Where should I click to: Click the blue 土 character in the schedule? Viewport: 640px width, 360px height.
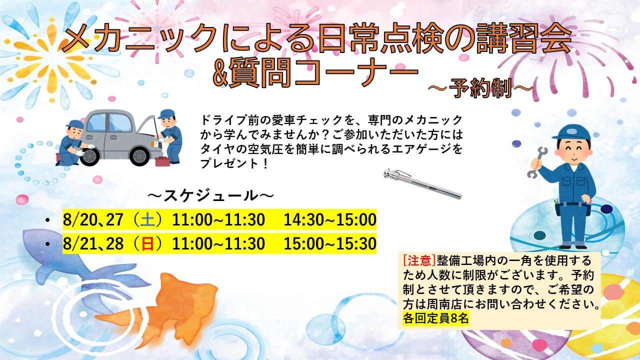(x=148, y=220)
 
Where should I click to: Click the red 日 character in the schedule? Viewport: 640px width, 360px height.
(x=148, y=244)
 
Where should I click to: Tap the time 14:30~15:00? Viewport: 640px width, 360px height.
(x=329, y=220)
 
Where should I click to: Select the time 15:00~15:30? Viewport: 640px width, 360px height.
(x=329, y=244)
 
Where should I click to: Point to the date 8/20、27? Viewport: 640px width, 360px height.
(x=93, y=220)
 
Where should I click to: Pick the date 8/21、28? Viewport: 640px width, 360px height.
(x=93, y=244)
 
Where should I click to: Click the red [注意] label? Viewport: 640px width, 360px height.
(x=419, y=260)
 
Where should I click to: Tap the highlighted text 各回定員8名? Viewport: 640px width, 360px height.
(x=435, y=318)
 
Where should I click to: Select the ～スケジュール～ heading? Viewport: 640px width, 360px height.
(x=211, y=196)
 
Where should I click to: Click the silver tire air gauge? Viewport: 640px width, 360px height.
(x=422, y=183)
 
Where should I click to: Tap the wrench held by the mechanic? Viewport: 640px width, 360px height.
(x=537, y=162)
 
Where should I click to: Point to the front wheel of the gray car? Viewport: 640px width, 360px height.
(x=139, y=156)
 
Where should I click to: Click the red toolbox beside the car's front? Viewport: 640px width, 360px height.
(x=162, y=161)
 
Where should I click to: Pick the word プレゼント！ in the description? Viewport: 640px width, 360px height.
(x=234, y=164)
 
